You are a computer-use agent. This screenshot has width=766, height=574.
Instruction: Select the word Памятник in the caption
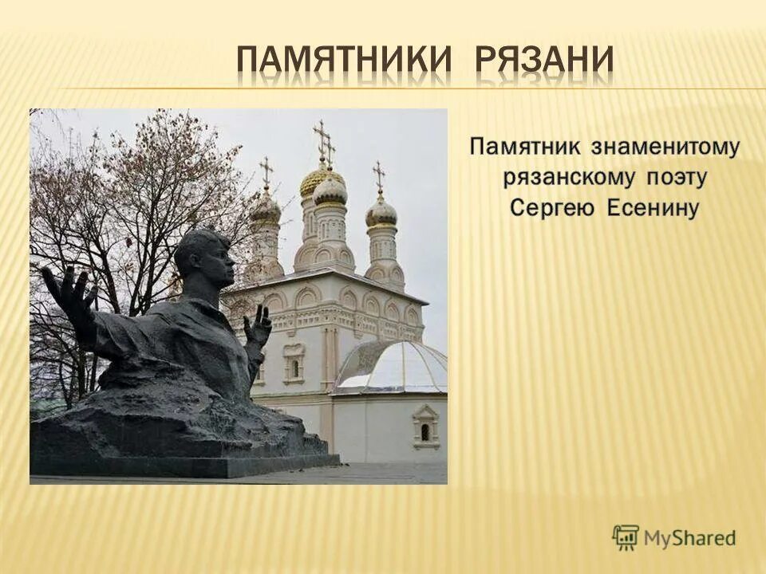(527, 147)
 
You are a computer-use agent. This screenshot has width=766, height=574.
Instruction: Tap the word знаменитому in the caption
(666, 147)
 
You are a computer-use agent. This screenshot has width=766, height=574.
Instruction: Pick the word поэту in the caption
(677, 178)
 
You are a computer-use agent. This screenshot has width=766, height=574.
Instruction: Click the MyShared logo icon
(626, 537)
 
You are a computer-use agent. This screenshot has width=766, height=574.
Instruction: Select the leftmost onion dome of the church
(266, 210)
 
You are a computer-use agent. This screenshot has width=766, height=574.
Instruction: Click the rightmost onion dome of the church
(381, 212)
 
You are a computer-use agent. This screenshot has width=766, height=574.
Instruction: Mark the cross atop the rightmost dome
(379, 175)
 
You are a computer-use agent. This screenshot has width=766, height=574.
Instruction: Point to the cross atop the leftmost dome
(266, 171)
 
